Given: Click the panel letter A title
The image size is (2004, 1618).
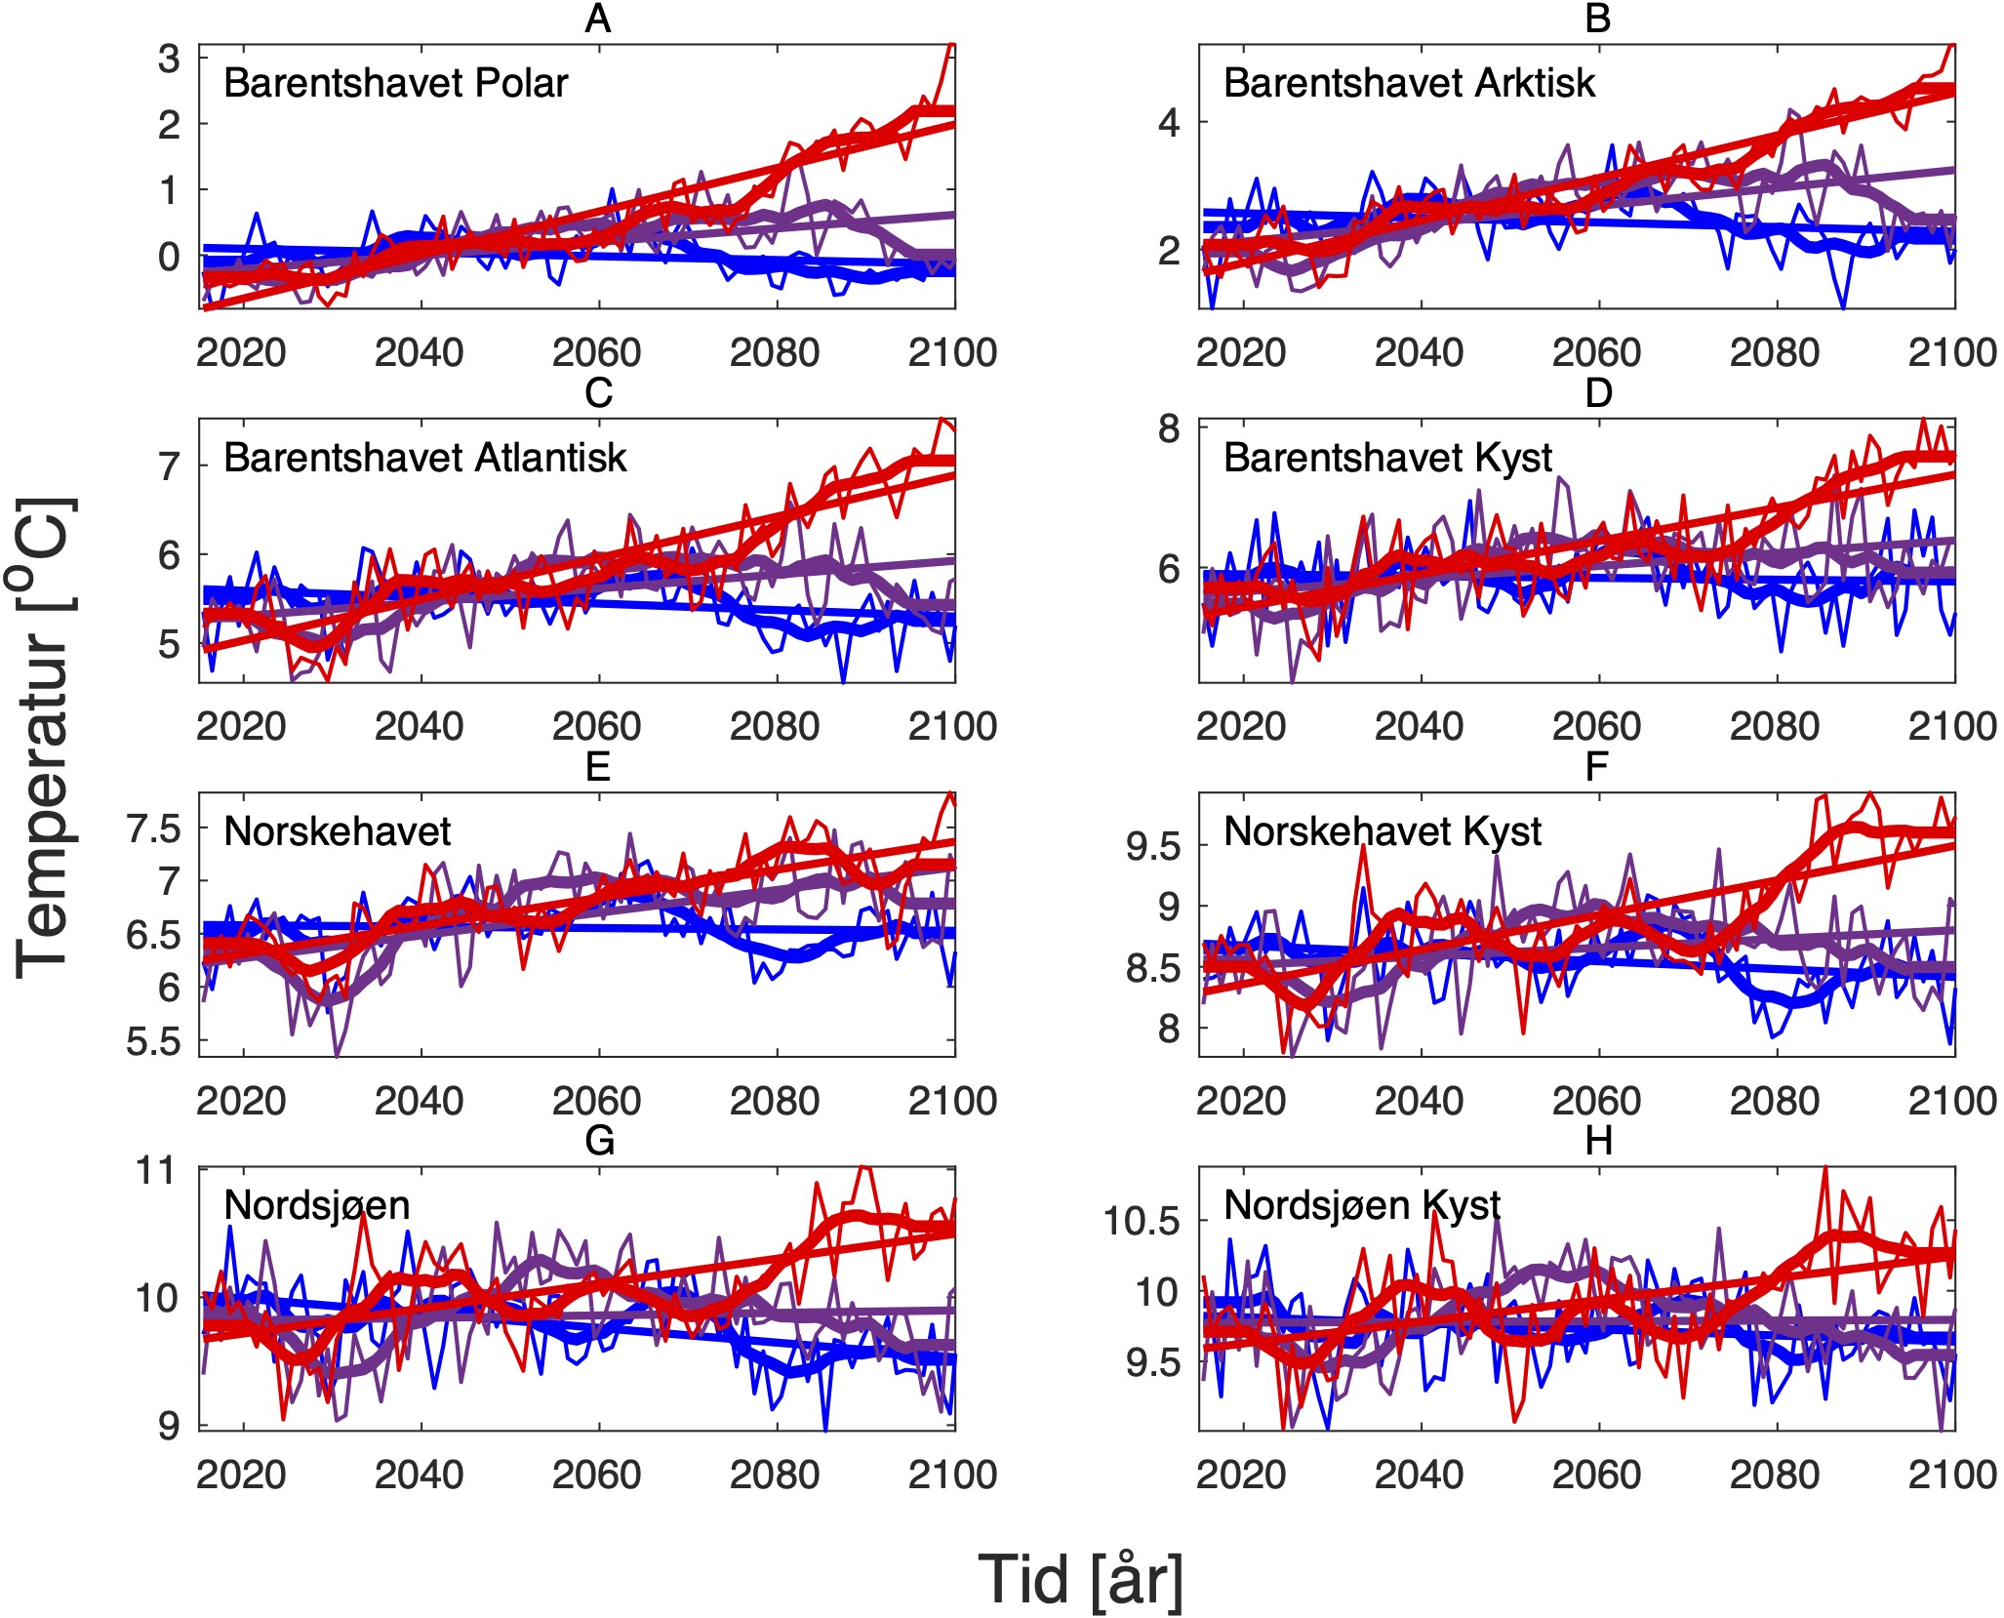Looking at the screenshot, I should [x=597, y=20].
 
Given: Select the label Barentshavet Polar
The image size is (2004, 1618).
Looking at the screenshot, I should [x=395, y=84].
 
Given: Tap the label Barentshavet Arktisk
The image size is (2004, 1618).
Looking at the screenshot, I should [x=1409, y=84].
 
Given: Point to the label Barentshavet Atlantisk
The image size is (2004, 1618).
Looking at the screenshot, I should [x=424, y=458].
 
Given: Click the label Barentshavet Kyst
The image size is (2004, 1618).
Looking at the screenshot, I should [x=1387, y=458].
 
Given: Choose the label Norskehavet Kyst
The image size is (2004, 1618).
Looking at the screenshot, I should [x=1382, y=831].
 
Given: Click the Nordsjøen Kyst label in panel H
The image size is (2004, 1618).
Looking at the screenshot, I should [x=1361, y=1205].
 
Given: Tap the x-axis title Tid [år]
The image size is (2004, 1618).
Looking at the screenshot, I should [x=1080, y=1578].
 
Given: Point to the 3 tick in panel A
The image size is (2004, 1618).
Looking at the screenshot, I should [x=169, y=60].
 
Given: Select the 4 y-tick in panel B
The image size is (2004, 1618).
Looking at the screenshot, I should [x=1169, y=123].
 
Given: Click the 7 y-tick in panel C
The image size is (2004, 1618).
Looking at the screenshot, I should [x=169, y=466].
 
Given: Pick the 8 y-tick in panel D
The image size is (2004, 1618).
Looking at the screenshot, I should [x=1169, y=428].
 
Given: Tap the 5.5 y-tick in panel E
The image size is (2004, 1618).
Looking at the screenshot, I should [x=154, y=1042].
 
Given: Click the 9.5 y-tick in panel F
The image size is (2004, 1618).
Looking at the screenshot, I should [x=1153, y=847].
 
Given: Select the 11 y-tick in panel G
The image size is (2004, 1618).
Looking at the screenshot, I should [x=157, y=1170].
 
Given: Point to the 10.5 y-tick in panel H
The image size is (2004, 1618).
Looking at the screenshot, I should [x=1141, y=1221].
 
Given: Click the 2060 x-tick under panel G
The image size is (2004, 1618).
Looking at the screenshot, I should [x=597, y=1475].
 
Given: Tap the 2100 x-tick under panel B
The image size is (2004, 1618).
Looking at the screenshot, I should [x=1952, y=352].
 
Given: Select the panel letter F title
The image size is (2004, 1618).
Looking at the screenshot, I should [x=1596, y=768].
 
